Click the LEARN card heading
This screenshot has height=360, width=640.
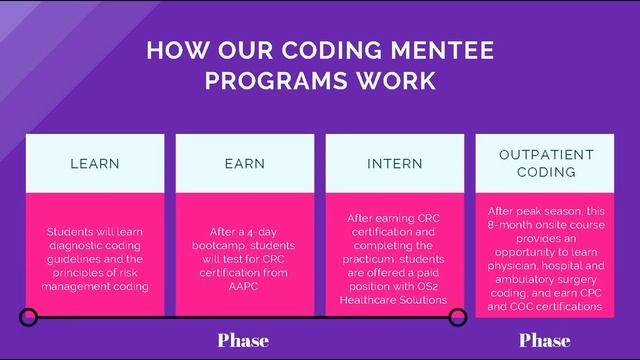tap(95, 163)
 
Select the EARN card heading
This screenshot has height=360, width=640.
tap(245, 163)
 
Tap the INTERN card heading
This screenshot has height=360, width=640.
tap(395, 163)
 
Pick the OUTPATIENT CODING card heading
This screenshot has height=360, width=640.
tap(547, 163)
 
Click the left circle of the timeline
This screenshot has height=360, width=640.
tap(29, 318)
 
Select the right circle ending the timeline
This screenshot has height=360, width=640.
tap(458, 318)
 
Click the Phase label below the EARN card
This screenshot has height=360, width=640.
tap(243, 341)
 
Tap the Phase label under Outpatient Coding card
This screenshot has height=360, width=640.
tap(545, 341)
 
